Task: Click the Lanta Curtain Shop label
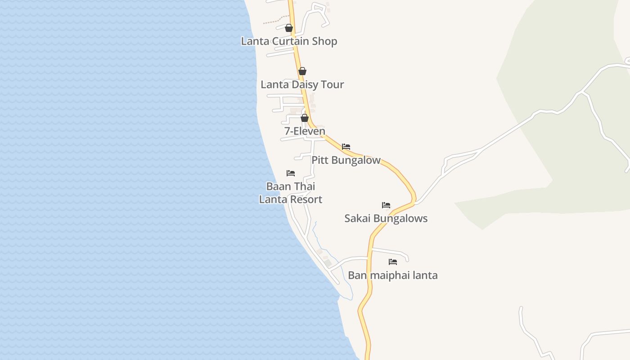pos(289,41)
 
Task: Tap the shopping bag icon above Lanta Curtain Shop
pos(289,28)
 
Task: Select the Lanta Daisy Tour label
pos(302,85)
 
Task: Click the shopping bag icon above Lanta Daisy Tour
pos(302,71)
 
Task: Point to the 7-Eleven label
pos(305,131)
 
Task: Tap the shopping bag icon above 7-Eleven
pos(305,118)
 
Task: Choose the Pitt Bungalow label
pos(346,160)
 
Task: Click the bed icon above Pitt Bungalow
pos(346,147)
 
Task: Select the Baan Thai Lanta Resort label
pos(291,193)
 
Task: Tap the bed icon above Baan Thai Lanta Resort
pos(291,173)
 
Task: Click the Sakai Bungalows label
pos(386,219)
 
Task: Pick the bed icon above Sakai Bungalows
pos(386,205)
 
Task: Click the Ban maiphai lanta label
pos(392,275)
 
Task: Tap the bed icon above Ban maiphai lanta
pos(393,262)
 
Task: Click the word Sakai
pos(358,219)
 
